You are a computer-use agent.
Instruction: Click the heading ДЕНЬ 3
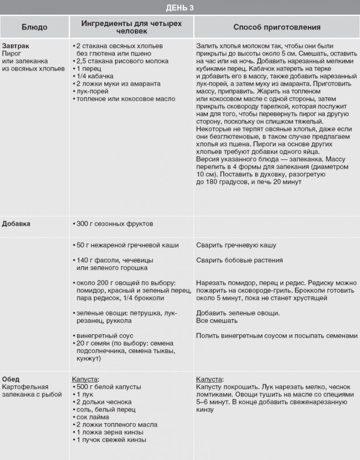click(x=180, y=7)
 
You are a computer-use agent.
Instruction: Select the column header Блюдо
click(x=35, y=27)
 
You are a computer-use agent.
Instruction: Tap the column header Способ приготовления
click(x=277, y=27)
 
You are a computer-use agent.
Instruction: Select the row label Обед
click(x=11, y=379)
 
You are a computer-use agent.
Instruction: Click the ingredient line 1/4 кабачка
click(x=94, y=76)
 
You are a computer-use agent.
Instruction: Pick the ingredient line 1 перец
click(x=89, y=68)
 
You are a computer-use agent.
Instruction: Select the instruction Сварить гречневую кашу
click(x=236, y=245)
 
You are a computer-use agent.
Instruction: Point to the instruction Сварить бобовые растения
click(x=240, y=260)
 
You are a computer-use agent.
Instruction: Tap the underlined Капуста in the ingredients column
click(x=85, y=379)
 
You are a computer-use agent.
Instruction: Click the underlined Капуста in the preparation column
click(x=209, y=379)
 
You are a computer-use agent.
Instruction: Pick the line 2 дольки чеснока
click(x=104, y=402)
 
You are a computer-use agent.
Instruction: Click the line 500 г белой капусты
click(x=108, y=387)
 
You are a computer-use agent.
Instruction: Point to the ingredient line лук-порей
click(x=93, y=91)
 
